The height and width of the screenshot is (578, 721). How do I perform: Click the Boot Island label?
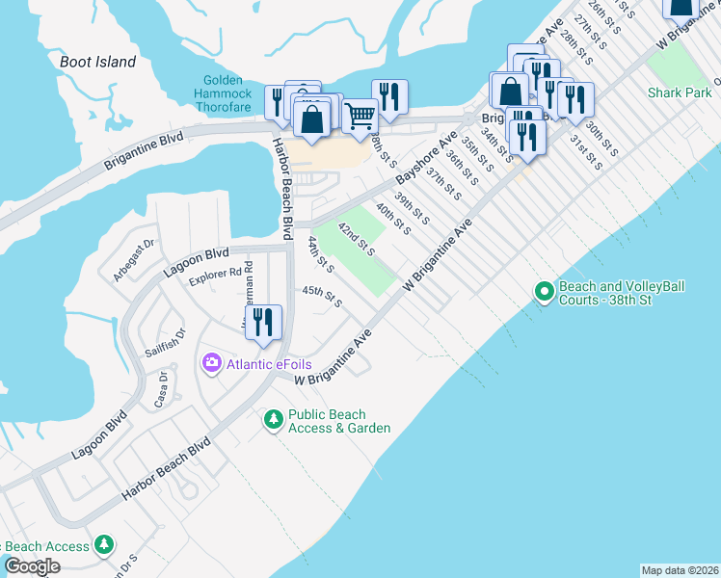[x=97, y=62]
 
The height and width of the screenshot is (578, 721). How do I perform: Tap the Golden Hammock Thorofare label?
[x=227, y=93]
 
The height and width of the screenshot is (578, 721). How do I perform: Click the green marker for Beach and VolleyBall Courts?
[x=544, y=290]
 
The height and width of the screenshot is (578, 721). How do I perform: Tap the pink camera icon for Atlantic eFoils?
[x=211, y=363]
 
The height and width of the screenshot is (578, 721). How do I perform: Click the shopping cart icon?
[x=360, y=116]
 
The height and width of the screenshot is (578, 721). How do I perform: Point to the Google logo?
[x=33, y=566]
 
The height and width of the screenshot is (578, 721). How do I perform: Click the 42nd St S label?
[x=356, y=240]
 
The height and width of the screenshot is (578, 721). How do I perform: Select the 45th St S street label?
[x=322, y=296]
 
